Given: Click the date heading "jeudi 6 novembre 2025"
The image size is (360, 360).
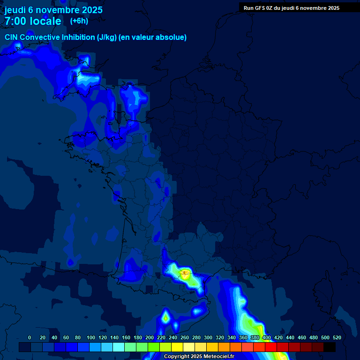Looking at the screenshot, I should click(x=53, y=10).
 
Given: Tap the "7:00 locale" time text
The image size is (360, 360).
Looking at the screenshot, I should click(x=33, y=21).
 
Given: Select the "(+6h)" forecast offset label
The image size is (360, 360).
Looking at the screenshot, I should click(x=79, y=21).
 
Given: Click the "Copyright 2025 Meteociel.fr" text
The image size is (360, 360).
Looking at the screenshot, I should click(x=199, y=357).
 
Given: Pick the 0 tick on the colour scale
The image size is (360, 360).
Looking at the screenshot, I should click(x=30, y=337).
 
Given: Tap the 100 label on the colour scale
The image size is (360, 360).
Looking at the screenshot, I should click(x=91, y=337).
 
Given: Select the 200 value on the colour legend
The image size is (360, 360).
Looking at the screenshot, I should click(x=150, y=337).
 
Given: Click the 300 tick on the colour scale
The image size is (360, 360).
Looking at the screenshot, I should click(x=208, y=337).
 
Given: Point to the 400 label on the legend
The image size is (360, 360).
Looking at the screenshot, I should click(x=267, y=337).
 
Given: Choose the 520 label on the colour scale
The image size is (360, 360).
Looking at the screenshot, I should click(x=337, y=337).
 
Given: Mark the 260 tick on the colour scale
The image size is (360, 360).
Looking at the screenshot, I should click(x=185, y=337).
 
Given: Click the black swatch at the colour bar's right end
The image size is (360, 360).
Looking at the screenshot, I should click(x=330, y=347).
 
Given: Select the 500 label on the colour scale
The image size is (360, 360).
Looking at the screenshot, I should click(x=325, y=337).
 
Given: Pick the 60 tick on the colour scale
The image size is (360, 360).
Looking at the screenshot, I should click(x=66, y=337).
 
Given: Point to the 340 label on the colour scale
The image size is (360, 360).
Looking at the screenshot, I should click(x=232, y=337).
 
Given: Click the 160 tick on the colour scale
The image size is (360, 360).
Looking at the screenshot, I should click(x=126, y=337).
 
